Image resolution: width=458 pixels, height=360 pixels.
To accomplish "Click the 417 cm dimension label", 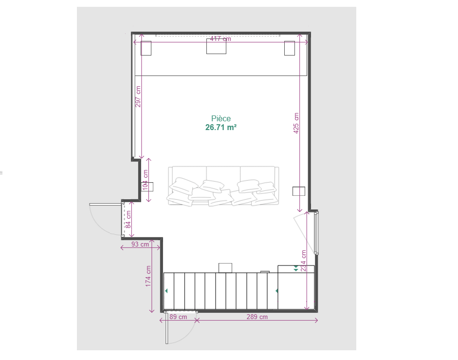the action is pyautogui.click(x=220, y=38).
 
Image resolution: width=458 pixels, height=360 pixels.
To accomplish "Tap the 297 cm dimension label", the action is pyautogui.click(x=138, y=96).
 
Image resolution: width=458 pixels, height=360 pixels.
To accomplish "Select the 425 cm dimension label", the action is pyautogui.click(x=296, y=123).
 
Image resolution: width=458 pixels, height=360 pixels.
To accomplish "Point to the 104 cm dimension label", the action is pyautogui.click(x=145, y=180).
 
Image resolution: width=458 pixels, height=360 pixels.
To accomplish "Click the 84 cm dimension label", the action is pyautogui.click(x=128, y=219).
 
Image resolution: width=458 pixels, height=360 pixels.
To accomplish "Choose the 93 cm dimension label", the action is pyautogui.click(x=140, y=244).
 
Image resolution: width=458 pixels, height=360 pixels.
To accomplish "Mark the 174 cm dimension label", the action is pyautogui.click(x=148, y=276).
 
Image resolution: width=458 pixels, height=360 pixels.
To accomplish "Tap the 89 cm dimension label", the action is pyautogui.click(x=178, y=317).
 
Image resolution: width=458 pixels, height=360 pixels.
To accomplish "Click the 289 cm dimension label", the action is pyautogui.click(x=257, y=317).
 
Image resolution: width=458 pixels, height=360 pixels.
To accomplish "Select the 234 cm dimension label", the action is pyautogui.click(x=304, y=261).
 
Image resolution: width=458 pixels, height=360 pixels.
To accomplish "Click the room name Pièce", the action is pyautogui.click(x=221, y=118).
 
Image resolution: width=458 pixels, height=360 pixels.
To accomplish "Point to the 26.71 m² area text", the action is pyautogui.click(x=221, y=127).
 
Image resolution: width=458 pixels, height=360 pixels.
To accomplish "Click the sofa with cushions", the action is pyautogui.click(x=223, y=186).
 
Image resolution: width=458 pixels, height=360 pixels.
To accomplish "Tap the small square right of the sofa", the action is pyautogui.click(x=299, y=191).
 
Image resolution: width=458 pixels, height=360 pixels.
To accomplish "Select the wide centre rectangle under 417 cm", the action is pyautogui.click(x=216, y=46).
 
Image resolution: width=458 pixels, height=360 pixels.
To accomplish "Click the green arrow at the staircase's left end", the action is pyautogui.click(x=166, y=291).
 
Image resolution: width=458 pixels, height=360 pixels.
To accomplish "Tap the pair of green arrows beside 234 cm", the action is pyautogui.click(x=296, y=268).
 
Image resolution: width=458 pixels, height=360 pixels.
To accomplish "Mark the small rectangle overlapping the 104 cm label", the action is pyautogui.click(x=147, y=187).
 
